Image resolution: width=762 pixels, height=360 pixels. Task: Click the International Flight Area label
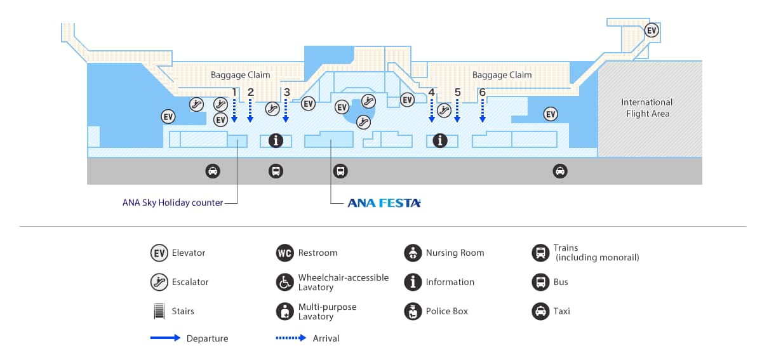[647, 107]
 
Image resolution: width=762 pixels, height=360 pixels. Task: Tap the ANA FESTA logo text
[384, 203]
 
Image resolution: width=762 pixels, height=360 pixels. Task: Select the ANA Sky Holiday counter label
[173, 203]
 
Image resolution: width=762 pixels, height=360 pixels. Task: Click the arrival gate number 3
[287, 92]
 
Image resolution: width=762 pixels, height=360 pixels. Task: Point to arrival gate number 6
[482, 92]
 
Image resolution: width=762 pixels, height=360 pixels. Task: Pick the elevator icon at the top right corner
[652, 30]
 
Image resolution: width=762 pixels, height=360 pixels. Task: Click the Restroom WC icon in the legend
[285, 253]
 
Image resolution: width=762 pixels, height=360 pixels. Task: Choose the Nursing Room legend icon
[413, 253]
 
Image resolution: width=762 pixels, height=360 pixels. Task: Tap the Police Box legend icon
[413, 311]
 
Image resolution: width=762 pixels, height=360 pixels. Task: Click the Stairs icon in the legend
[159, 311]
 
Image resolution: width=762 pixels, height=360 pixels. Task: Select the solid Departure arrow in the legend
[165, 338]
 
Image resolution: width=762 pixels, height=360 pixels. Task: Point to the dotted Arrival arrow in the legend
[291, 338]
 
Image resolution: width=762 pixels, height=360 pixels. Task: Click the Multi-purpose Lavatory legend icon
[285, 311]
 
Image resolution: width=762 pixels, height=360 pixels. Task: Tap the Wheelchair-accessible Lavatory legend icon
[285, 282]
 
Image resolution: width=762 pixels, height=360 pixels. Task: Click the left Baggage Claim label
[240, 75]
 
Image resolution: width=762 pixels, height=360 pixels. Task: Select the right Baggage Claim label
[502, 75]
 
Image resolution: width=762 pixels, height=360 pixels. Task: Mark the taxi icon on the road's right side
[560, 171]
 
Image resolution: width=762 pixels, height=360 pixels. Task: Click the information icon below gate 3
[276, 140]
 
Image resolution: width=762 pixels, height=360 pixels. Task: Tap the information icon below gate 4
[440, 140]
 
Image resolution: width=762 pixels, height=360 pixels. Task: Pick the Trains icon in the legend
[540, 253]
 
